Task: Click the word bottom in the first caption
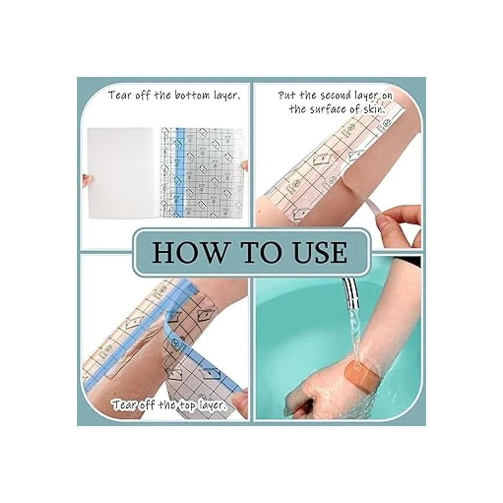(x=192, y=96)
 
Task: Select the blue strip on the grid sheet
(x=179, y=174)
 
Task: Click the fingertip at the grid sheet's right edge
(x=245, y=165)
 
